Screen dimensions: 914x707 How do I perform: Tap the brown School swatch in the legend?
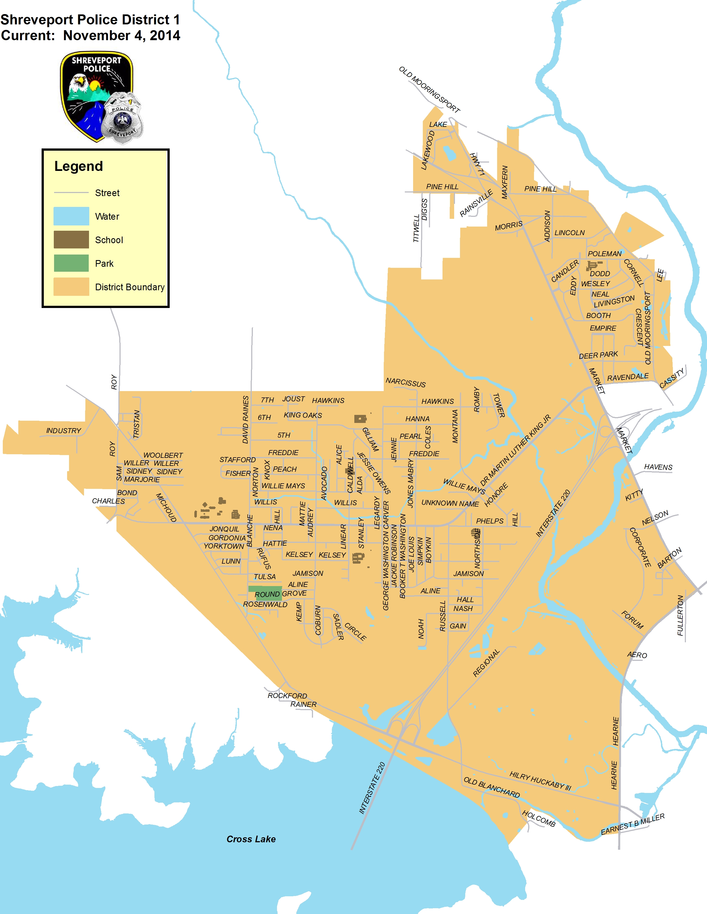(71, 240)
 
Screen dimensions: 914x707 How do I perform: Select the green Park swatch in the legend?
(71, 263)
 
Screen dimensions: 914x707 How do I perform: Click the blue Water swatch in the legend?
(71, 216)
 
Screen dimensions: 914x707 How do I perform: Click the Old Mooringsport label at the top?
(429, 89)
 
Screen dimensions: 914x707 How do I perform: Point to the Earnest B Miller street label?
(632, 824)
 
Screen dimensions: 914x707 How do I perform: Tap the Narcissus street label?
(405, 382)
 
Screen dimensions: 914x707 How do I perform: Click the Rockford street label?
(287, 695)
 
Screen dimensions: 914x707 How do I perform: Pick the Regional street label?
(486, 663)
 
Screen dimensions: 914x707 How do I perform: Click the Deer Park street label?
(598, 355)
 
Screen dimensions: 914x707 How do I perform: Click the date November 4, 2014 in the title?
(121, 35)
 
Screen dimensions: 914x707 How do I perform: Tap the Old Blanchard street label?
(492, 787)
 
